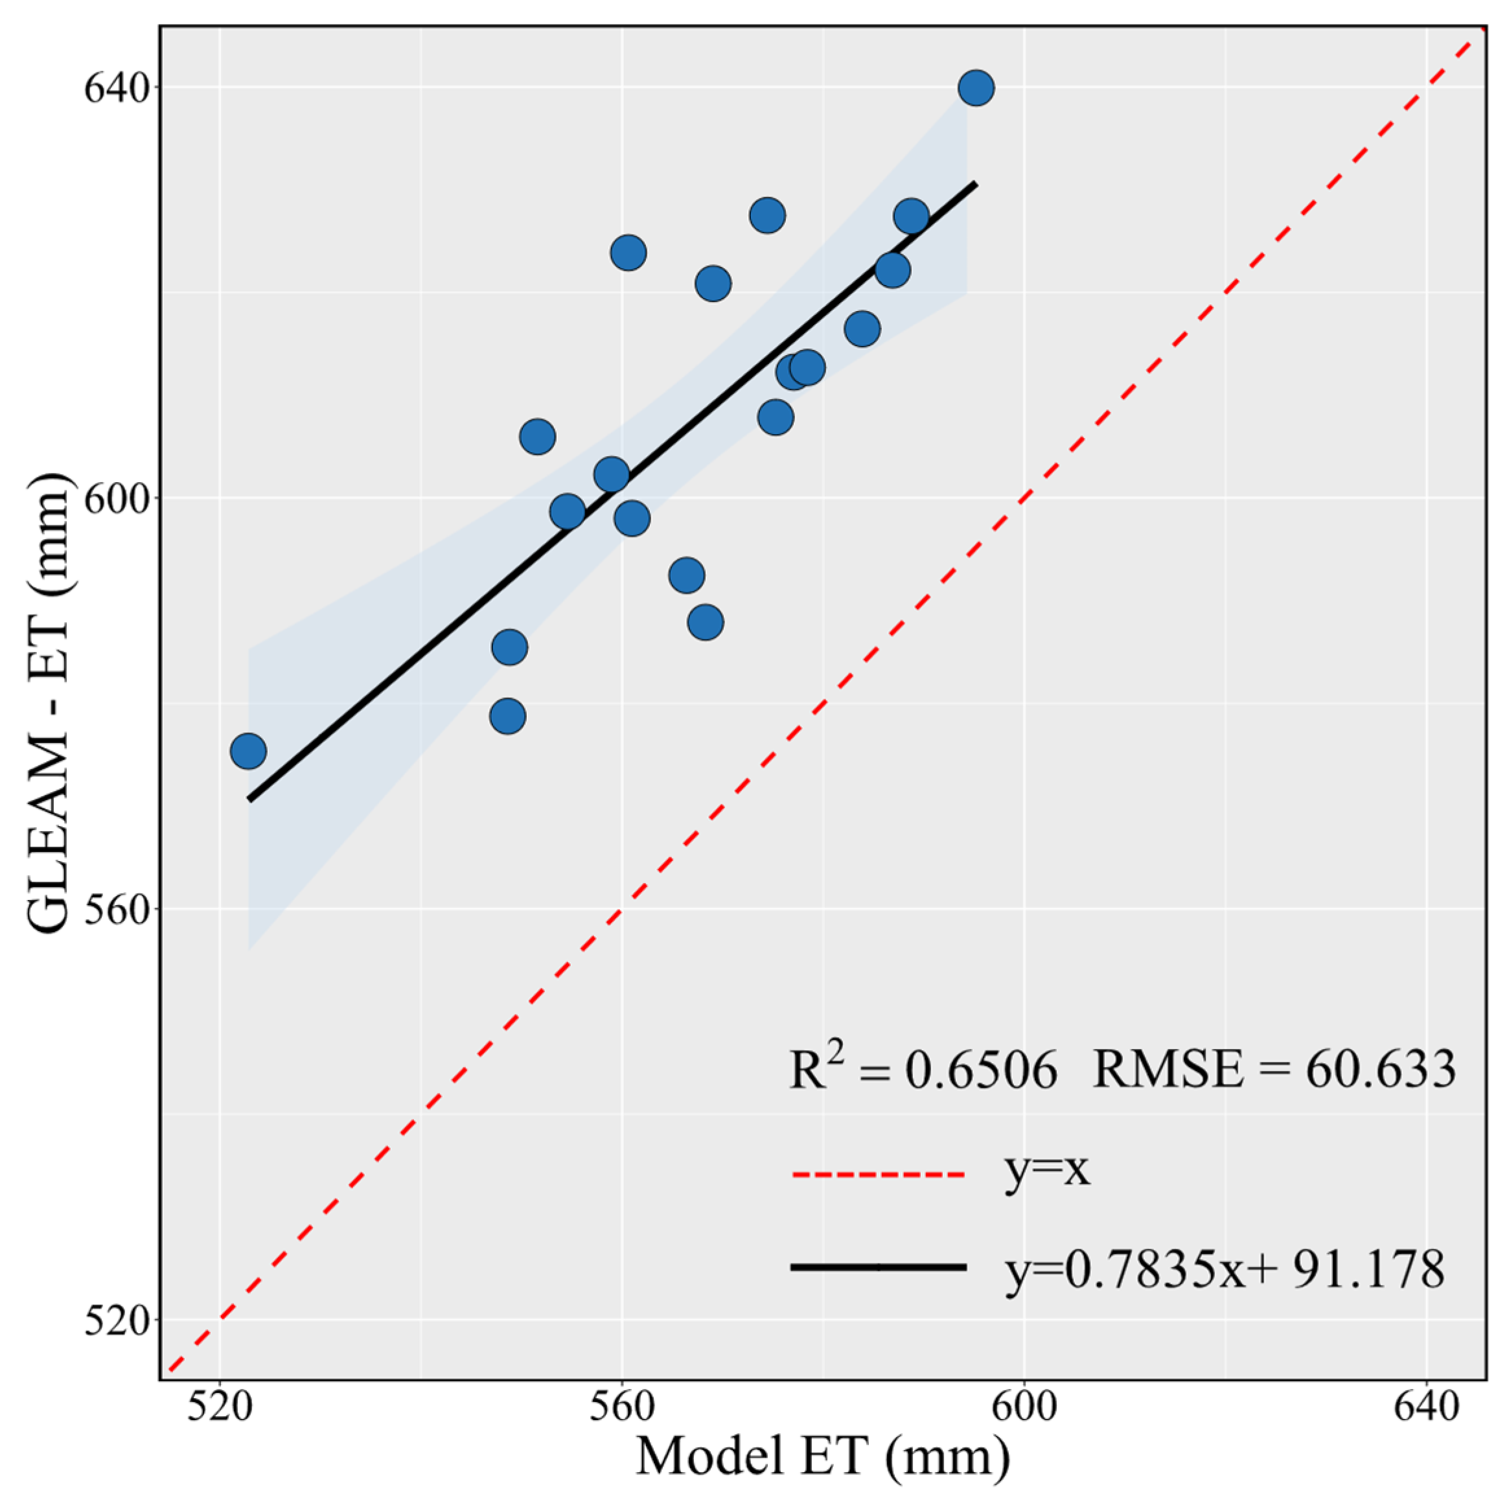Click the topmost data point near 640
976,88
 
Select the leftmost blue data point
249,751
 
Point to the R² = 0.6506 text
923,1070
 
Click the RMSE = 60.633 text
1274,1070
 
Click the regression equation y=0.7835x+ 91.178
1225,1270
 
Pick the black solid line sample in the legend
879,1267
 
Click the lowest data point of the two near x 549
508,716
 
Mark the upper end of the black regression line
975,183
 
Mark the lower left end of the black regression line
249,799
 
